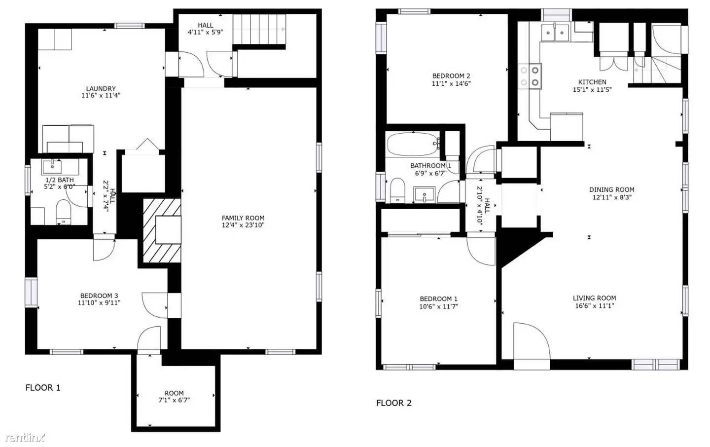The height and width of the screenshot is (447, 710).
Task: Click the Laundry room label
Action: pyautogui.click(x=101, y=89)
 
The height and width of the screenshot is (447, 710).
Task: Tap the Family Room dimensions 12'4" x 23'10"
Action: pyautogui.click(x=243, y=225)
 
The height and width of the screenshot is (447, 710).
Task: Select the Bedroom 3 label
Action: pyautogui.click(x=99, y=296)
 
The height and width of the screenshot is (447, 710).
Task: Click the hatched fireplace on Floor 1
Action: pyautogui.click(x=162, y=230)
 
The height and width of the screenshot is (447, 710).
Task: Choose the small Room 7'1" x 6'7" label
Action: pyautogui.click(x=174, y=393)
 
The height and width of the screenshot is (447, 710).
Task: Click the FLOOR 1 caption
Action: pyautogui.click(x=43, y=388)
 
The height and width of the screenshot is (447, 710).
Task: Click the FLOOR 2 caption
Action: pyautogui.click(x=393, y=403)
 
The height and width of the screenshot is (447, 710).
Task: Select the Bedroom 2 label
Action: pyautogui.click(x=451, y=76)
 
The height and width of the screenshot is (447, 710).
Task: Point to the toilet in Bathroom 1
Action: pyautogui.click(x=397, y=190)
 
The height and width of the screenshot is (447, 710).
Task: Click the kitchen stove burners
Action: pyautogui.click(x=530, y=76)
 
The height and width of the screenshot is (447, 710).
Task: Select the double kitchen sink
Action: pyautogui.click(x=555, y=33)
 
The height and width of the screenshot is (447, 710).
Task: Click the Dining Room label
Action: pyautogui.click(x=611, y=189)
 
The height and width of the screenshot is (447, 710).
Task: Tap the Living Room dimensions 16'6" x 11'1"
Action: pyautogui.click(x=594, y=306)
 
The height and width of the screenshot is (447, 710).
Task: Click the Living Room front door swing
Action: pyautogui.click(x=532, y=345)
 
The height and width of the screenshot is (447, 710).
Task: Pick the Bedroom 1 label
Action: pyautogui.click(x=438, y=298)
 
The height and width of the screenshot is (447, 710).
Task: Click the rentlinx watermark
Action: pyautogui.click(x=25, y=438)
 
